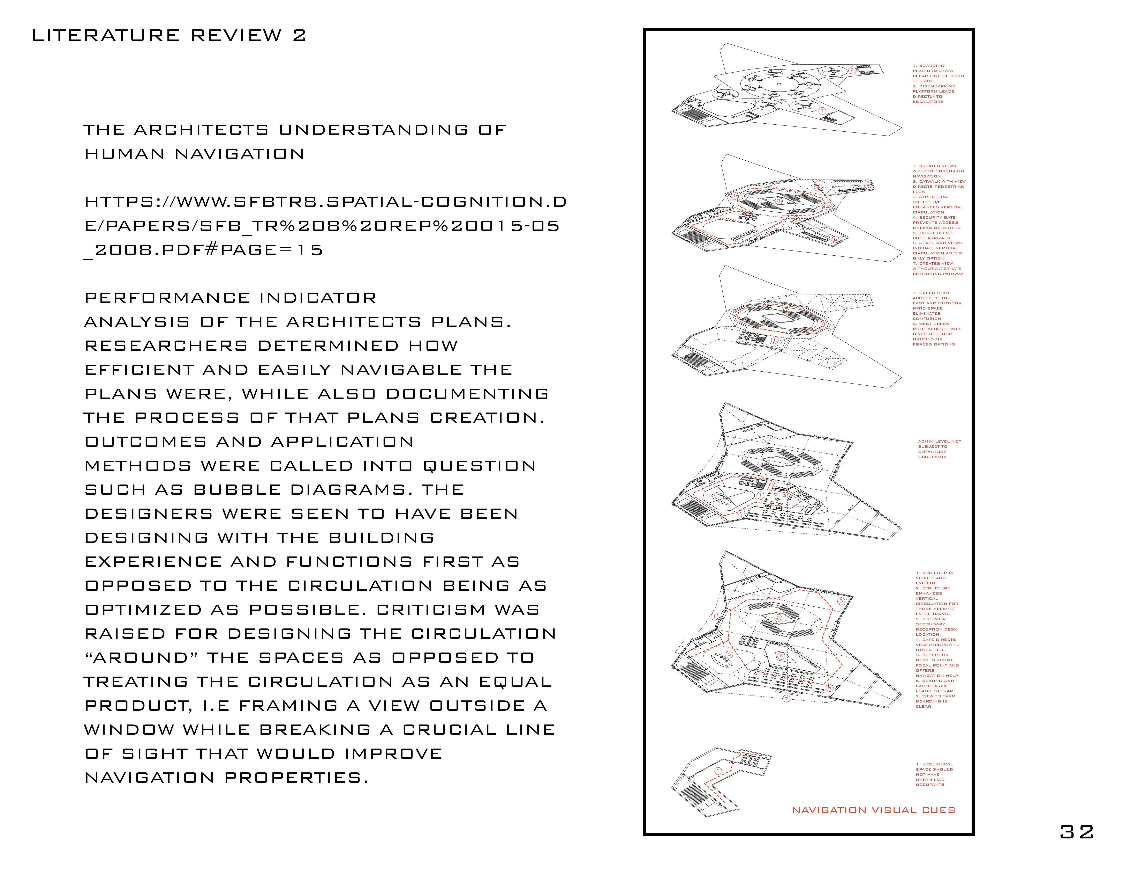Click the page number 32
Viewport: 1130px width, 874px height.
click(1077, 832)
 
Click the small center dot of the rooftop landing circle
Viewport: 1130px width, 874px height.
click(779, 84)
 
